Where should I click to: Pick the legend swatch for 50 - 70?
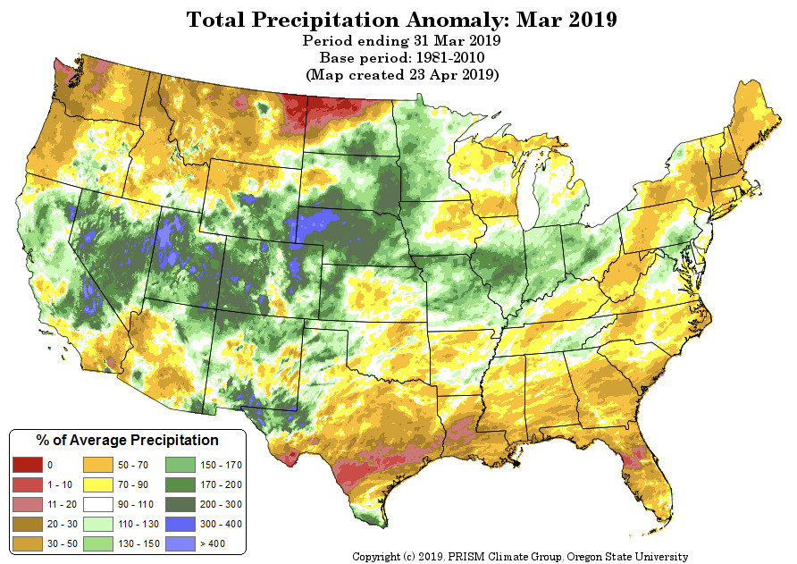tap(97, 465)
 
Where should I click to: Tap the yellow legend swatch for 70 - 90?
tap(97, 484)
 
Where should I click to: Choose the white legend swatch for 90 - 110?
tap(97, 504)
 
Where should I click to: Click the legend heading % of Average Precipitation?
tap(127, 441)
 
